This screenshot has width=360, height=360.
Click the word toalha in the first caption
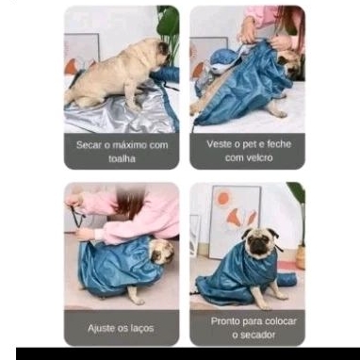(x=122, y=158)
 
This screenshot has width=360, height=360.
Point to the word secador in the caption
(x=254, y=335)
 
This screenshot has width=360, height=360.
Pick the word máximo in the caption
(x=130, y=145)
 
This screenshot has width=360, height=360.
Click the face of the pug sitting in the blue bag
(x=260, y=243)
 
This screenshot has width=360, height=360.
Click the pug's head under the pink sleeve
(x=161, y=252)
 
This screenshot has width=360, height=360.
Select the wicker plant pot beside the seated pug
(x=301, y=257)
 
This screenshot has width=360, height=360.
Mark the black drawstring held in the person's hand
(x=77, y=217)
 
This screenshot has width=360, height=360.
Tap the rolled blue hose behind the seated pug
(x=286, y=280)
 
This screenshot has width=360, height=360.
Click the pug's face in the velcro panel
(x=289, y=64)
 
